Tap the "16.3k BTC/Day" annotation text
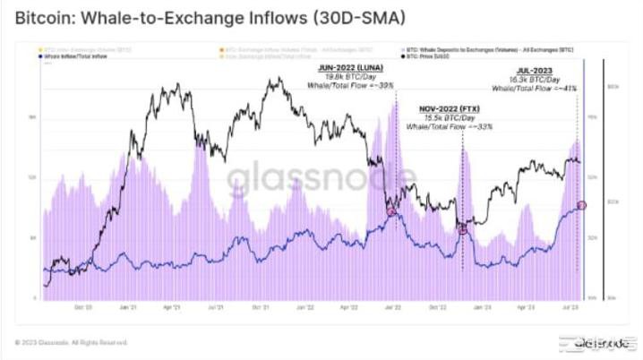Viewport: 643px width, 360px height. [x=536, y=79]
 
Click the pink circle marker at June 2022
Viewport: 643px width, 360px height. [x=391, y=211]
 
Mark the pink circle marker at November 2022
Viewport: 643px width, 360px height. [x=463, y=230]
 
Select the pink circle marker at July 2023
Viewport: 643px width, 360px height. [x=582, y=205]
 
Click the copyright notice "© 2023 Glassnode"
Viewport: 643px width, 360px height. [x=71, y=342]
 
